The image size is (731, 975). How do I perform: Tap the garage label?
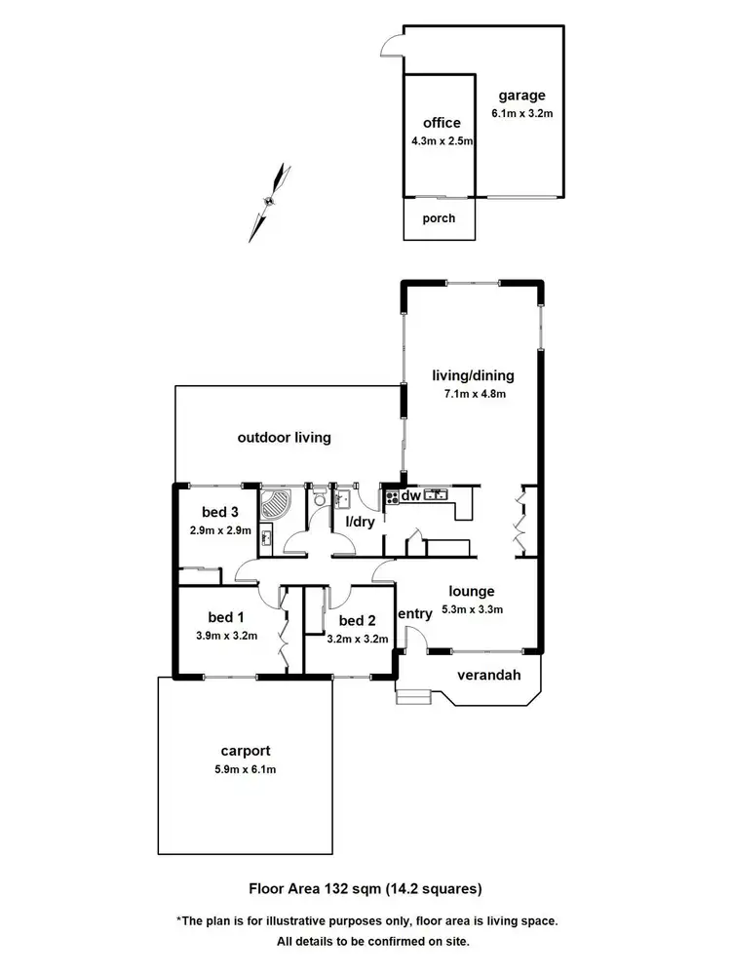tap(521, 96)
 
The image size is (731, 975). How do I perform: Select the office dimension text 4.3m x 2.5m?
tap(442, 141)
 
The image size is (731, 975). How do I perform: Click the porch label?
tap(439, 218)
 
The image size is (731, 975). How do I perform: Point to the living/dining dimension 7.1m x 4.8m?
tap(474, 395)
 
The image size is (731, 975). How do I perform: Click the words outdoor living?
tap(284, 438)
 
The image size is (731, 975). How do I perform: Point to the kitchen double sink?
tap(436, 494)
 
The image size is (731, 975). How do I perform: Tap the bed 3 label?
tap(220, 513)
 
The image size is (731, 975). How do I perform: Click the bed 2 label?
tap(357, 621)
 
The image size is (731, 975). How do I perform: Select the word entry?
tap(415, 613)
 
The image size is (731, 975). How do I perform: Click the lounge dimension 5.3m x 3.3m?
tap(472, 609)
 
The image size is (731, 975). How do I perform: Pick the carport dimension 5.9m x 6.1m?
tap(245, 769)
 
